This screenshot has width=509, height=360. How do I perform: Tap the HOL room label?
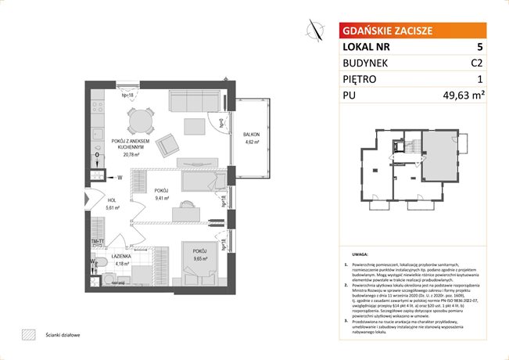coord(112,200)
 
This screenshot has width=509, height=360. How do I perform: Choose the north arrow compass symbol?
coord(317,29)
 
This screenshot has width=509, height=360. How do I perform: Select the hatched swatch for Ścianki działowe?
coord(29,335)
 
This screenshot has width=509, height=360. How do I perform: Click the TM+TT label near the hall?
coord(98,240)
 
